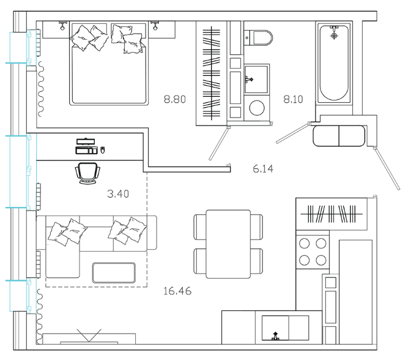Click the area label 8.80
[x=174, y=98]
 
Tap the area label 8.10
[x=295, y=98]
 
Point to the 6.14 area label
[x=263, y=169]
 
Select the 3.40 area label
[x=118, y=194]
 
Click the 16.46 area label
[x=177, y=291]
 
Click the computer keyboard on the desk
[x=86, y=149]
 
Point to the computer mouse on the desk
[x=103, y=149]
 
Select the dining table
[x=228, y=244]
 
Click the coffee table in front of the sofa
[x=114, y=272]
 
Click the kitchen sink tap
[x=276, y=335]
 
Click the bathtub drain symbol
[x=334, y=36]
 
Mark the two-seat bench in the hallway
[x=339, y=135]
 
